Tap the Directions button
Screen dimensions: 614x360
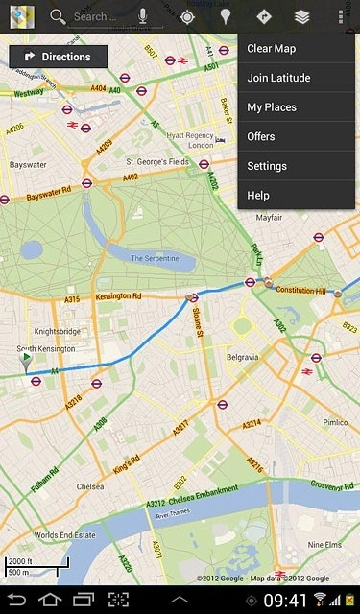click(x=59, y=57)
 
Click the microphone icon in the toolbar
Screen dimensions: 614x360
click(x=143, y=16)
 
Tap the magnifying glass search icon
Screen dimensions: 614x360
click(x=58, y=16)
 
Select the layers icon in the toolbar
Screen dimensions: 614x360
click(x=302, y=16)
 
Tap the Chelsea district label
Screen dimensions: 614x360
click(x=90, y=486)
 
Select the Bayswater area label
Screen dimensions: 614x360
click(x=28, y=165)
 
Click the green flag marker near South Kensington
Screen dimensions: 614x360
click(x=27, y=360)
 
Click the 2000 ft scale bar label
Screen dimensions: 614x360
click(x=19, y=561)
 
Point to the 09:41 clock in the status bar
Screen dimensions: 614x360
click(x=284, y=601)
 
